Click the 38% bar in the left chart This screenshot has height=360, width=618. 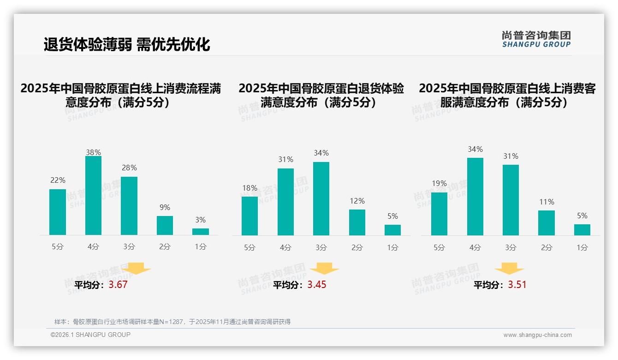(x=93, y=196)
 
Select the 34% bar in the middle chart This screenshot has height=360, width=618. (x=321, y=198)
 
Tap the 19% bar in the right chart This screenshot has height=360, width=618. (x=439, y=214)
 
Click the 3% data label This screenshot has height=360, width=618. (x=200, y=220)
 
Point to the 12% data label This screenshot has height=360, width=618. (x=357, y=201)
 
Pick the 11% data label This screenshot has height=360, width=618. (x=547, y=202)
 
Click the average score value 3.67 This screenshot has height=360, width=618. (x=118, y=285)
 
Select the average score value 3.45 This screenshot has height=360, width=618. (x=317, y=285)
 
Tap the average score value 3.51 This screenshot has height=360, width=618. (x=517, y=285)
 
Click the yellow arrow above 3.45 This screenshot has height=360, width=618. (x=324, y=269)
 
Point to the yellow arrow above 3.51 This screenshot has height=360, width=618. (x=509, y=269)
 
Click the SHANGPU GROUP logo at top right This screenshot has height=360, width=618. (x=536, y=39)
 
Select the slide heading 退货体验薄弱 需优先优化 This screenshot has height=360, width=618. (x=127, y=44)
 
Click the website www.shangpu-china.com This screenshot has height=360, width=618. (x=537, y=335)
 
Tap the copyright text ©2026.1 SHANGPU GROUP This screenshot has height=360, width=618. (x=90, y=335)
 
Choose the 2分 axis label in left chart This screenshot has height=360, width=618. (x=165, y=247)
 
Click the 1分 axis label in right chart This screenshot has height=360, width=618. (x=582, y=248)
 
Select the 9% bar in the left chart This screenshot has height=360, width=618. (x=165, y=225)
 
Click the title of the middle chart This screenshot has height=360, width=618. (x=321, y=96)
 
